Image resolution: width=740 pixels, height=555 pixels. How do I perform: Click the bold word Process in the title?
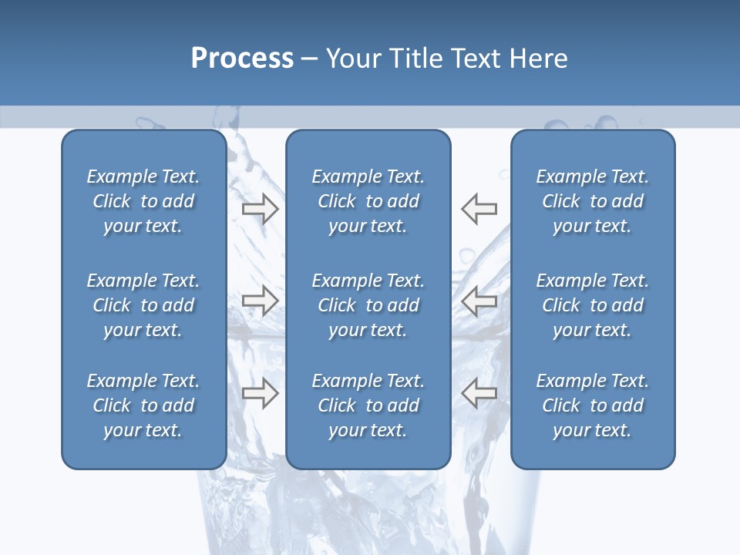click(x=242, y=59)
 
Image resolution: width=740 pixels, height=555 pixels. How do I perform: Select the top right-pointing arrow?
click(x=260, y=208)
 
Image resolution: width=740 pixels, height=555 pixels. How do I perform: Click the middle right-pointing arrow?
click(x=260, y=301)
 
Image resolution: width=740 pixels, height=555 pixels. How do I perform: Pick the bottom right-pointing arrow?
click(x=260, y=393)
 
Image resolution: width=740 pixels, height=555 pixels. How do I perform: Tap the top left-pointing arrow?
click(x=479, y=208)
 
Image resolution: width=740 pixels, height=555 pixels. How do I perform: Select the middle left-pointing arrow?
click(x=479, y=301)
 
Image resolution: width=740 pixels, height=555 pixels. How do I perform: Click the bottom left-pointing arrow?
click(x=479, y=393)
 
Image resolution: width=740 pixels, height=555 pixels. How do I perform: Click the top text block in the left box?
click(x=143, y=201)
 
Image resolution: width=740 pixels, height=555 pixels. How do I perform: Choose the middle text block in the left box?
click(x=143, y=305)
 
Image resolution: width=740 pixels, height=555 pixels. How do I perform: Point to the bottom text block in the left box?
click(x=143, y=405)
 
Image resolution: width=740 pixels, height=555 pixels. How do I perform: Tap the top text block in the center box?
click(x=368, y=201)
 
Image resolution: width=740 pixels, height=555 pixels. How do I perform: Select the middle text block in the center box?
click(x=368, y=305)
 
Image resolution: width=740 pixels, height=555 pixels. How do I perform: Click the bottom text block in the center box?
click(x=368, y=405)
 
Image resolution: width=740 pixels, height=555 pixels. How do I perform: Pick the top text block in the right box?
click(x=593, y=201)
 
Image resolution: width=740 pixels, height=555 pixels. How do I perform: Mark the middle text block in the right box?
click(x=593, y=305)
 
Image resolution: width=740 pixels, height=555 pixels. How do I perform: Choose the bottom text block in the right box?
click(x=593, y=405)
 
